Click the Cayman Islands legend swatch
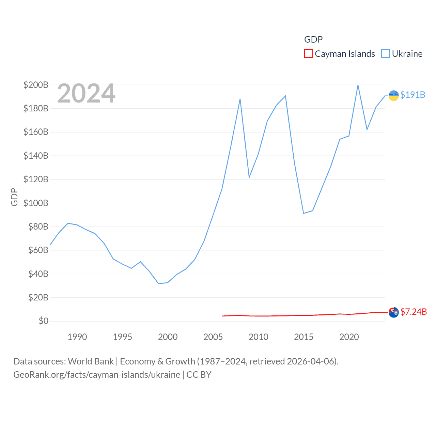[x=308, y=54]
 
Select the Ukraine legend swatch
[x=385, y=54]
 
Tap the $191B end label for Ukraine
[x=412, y=95]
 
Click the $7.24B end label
[x=414, y=312]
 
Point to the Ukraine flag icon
[x=393, y=96]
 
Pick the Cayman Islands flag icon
[x=393, y=312]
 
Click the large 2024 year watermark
[x=86, y=93]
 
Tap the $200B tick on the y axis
[x=36, y=85]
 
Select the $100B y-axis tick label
[x=36, y=203]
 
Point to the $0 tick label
[x=43, y=321]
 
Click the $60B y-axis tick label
[x=36, y=250]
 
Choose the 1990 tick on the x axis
[x=77, y=337]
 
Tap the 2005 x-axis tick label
[x=213, y=337]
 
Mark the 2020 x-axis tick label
[x=349, y=337]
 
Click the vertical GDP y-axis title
[x=14, y=197]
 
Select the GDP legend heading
[x=313, y=40]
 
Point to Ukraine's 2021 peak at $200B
[x=358, y=85]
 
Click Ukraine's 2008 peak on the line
[x=240, y=99]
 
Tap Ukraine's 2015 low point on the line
[x=303, y=213]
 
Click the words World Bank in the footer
[x=91, y=361]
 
